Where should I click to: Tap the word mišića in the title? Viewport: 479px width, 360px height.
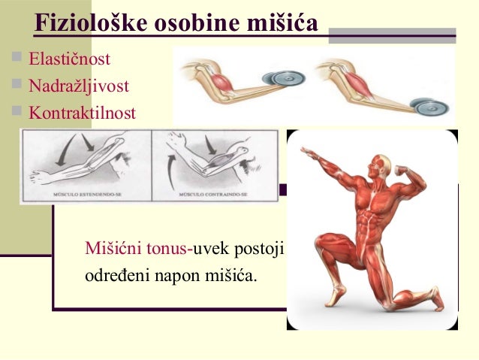282,22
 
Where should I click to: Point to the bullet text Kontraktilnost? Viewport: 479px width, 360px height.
82,113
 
